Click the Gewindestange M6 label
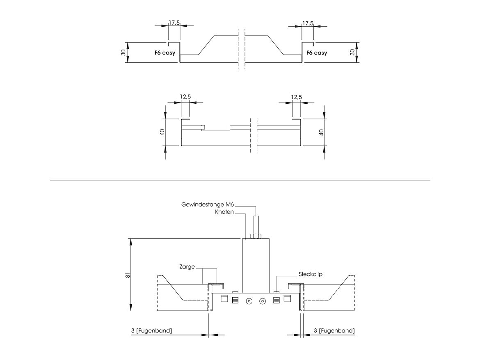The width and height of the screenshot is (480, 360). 208,204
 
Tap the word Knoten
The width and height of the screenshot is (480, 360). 224,212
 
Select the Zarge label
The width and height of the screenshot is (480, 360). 187,267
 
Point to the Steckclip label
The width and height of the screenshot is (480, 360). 311,274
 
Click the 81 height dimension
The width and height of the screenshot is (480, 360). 128,275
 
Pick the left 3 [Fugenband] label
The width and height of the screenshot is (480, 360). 151,330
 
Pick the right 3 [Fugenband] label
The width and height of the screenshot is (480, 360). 334,330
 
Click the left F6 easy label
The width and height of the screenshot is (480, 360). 165,53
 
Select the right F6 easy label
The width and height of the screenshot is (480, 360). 317,53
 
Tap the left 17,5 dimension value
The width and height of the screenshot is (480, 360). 174,23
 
